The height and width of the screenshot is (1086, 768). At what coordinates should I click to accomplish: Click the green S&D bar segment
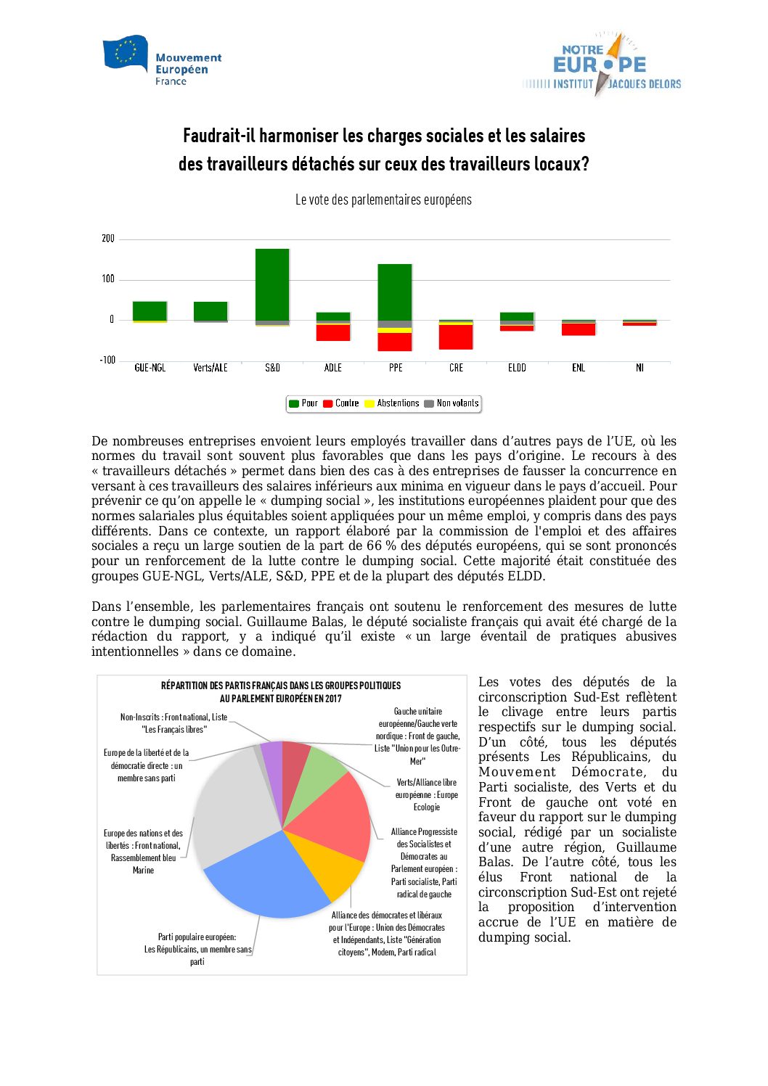point(272,284)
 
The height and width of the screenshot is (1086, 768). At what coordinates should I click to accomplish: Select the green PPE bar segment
point(395,292)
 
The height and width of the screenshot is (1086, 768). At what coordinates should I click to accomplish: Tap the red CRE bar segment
point(456,337)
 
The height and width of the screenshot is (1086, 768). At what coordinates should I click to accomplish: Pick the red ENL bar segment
point(579,329)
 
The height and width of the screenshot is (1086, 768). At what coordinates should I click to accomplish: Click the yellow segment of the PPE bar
point(395,330)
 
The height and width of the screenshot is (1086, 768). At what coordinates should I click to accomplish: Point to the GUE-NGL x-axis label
point(150,368)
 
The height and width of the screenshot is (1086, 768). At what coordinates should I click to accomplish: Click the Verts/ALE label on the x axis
point(211,368)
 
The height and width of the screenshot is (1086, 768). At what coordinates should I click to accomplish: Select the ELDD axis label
point(517,368)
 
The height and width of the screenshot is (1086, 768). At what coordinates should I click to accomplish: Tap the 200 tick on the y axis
point(108,239)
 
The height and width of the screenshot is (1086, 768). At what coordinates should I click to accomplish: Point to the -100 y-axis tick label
point(107,361)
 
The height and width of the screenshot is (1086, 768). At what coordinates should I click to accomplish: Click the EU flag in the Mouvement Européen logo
point(125,53)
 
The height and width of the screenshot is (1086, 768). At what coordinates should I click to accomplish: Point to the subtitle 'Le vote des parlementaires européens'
point(383,199)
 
